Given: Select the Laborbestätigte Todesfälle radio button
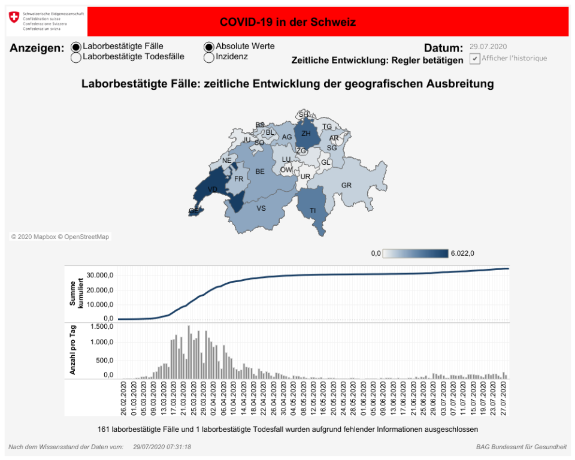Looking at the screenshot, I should coord(76,57).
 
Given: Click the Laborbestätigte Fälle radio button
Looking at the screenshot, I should coord(76,47).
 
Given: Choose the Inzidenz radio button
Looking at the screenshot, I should coord(209,57).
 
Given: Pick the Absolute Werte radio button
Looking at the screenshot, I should coord(209,47).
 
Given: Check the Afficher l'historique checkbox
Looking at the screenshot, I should coord(474,59).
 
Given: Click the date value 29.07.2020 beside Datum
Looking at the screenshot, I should coord(489,47).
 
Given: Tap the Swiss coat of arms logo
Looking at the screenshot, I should coord(14,17).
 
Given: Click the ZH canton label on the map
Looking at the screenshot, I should coord(306,134).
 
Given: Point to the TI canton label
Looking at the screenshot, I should coord(313,210).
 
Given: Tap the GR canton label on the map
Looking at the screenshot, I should coord(346,186).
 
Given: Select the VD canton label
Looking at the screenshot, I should coord(212,189).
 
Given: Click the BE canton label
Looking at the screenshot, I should coord(260,171).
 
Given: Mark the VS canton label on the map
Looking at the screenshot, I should coord(261,208).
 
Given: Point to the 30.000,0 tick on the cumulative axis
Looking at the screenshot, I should coord(101,276).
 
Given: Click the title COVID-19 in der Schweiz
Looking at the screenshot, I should coord(287,22).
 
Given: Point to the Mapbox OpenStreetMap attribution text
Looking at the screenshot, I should coord(60,237).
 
